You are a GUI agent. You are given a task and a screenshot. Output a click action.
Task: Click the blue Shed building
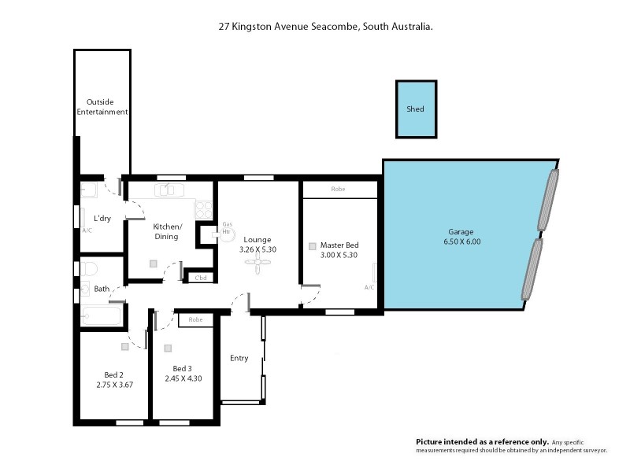point(415,109)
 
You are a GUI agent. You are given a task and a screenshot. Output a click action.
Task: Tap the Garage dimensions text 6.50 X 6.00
point(461,242)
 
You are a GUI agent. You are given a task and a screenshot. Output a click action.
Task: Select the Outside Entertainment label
point(102,107)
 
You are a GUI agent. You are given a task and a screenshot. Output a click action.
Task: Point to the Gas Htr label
point(227,228)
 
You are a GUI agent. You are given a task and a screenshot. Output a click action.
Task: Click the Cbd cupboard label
point(201,278)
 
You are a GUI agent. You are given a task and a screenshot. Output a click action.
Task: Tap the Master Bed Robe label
point(339,190)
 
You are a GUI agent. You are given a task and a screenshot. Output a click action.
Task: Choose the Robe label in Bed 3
point(195,320)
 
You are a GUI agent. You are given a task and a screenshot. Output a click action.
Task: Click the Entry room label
point(239,358)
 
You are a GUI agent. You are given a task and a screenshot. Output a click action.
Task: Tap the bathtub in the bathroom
point(101,318)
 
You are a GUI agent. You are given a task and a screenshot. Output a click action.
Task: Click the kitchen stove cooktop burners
point(203,209)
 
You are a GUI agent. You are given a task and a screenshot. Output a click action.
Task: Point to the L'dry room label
point(102,218)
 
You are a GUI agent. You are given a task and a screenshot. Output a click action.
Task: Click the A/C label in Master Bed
point(369,287)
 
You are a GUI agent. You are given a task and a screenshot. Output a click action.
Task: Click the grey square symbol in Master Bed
point(313,246)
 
